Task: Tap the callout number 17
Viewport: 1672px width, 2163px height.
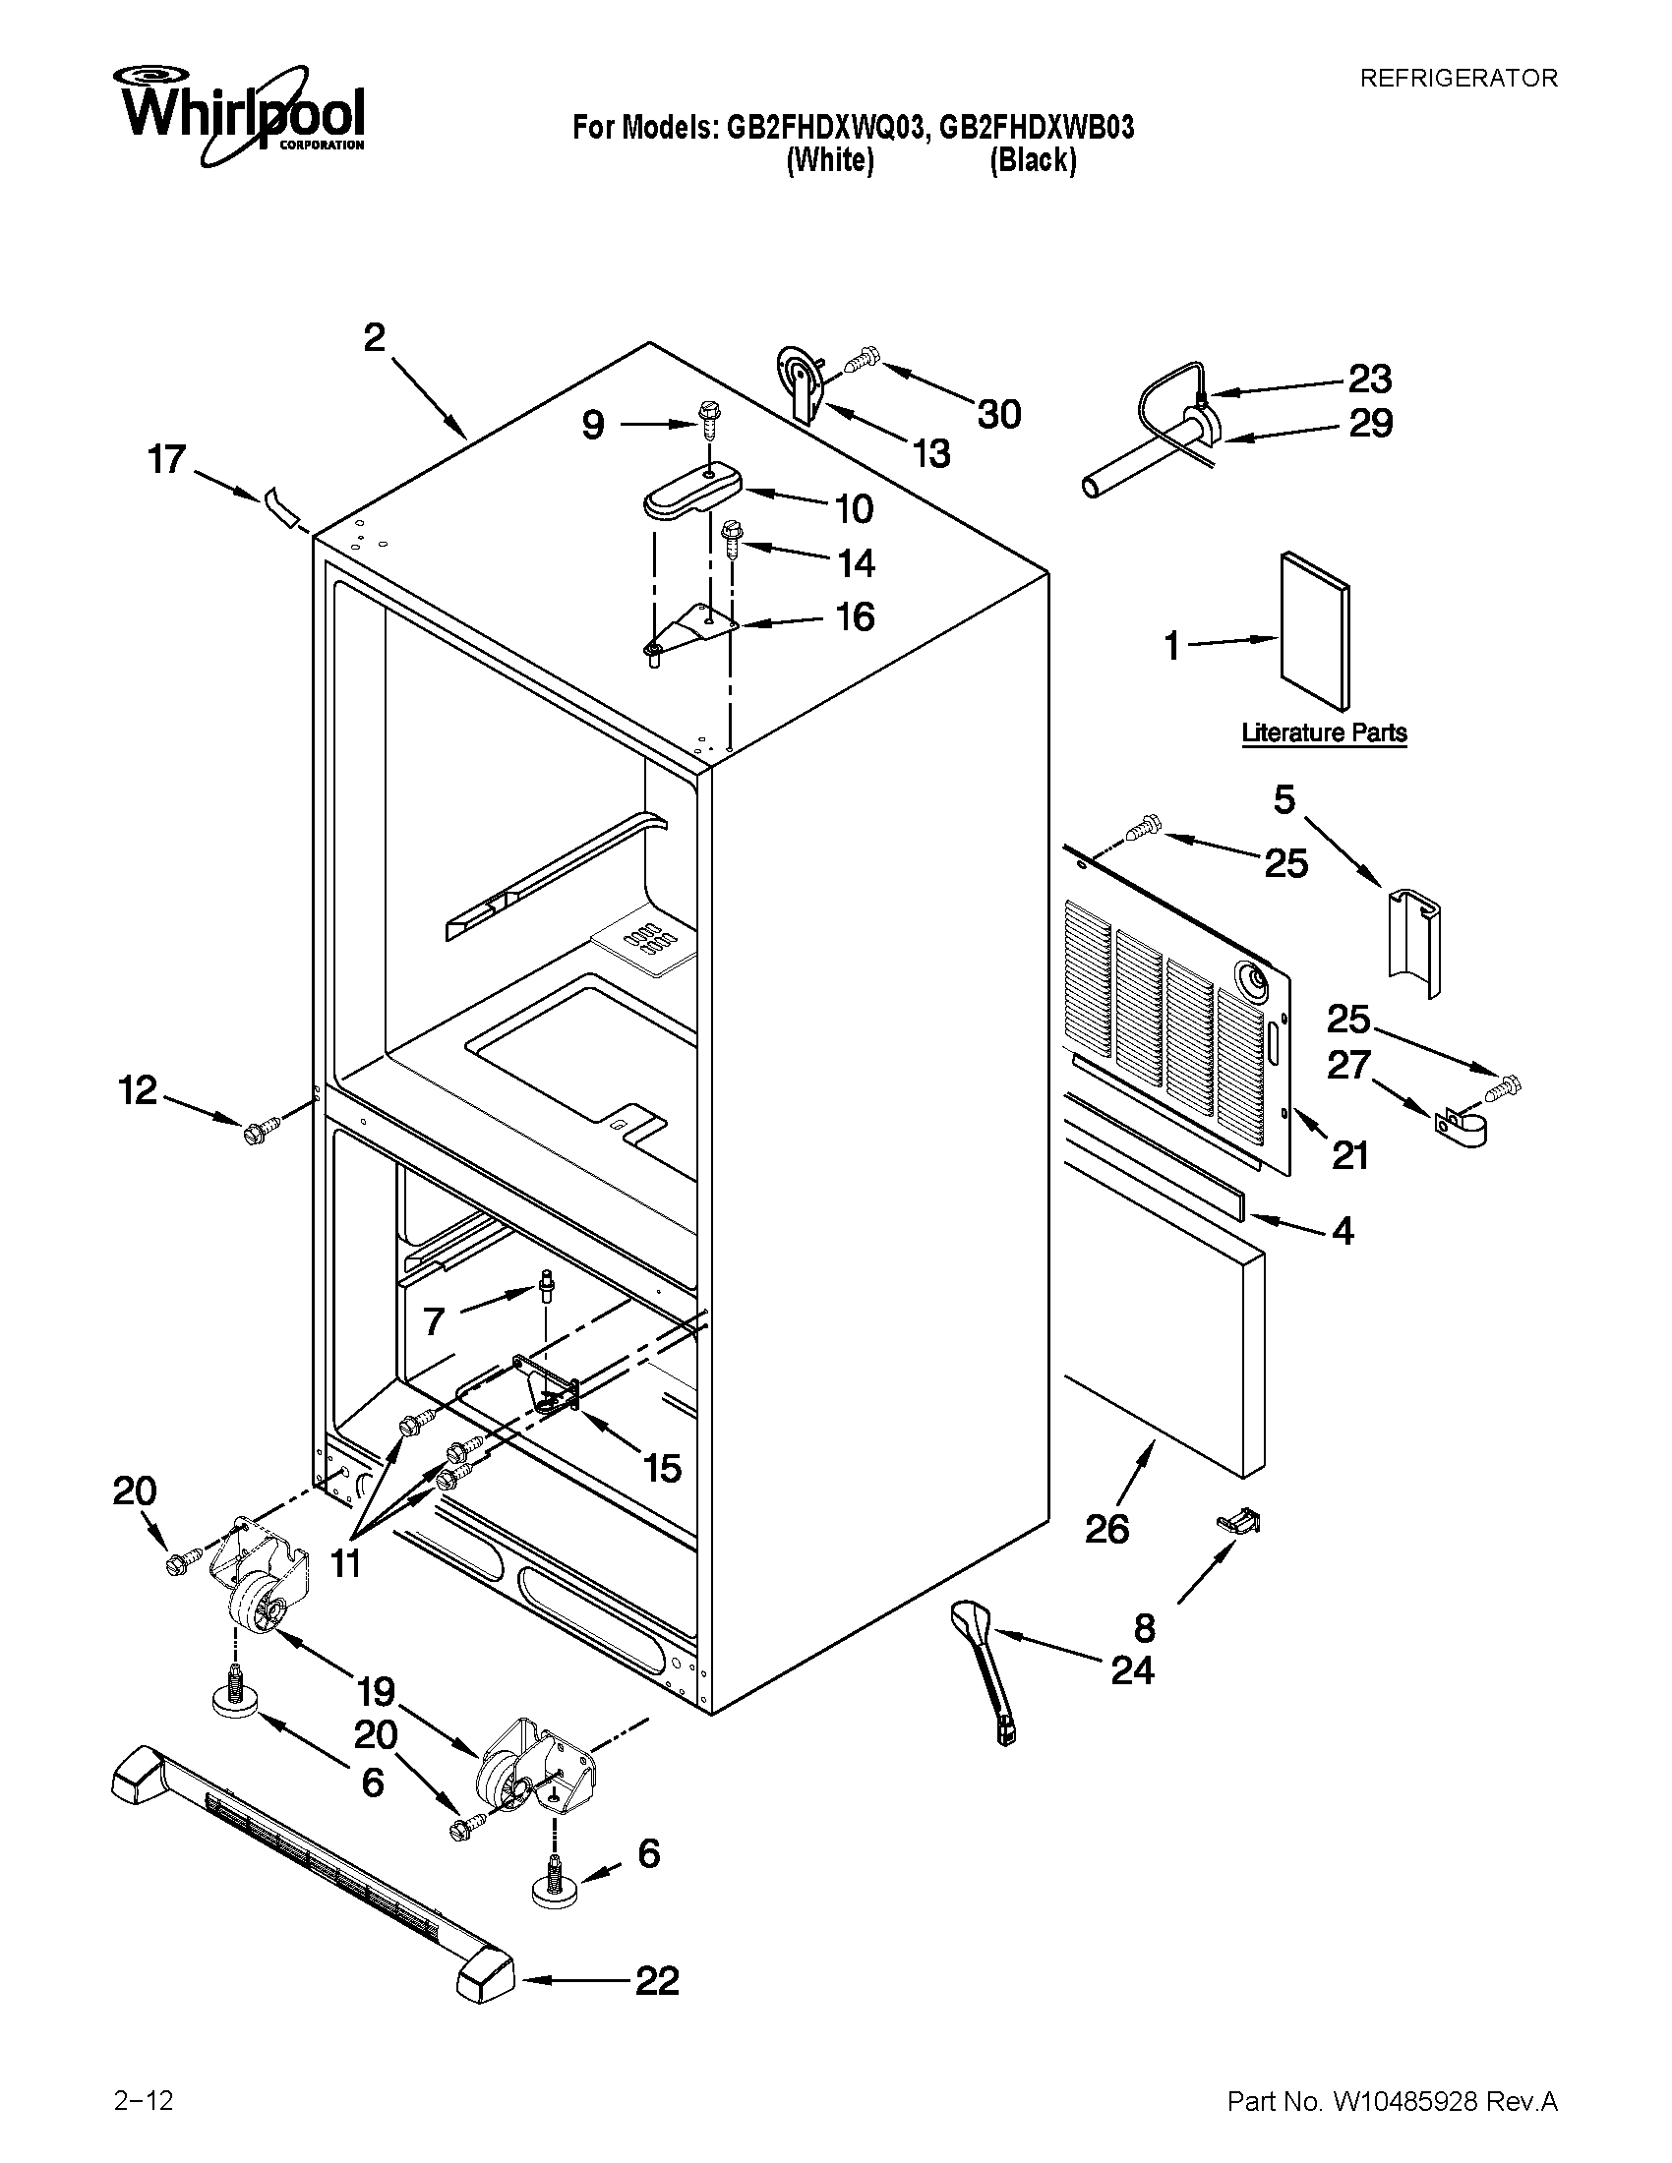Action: point(166,459)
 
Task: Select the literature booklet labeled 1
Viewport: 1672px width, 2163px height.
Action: point(1313,631)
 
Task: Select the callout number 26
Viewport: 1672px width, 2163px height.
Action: point(1106,1529)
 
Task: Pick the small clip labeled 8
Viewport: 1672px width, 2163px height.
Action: point(1239,1521)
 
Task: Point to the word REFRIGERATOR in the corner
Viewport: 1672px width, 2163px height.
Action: point(1457,79)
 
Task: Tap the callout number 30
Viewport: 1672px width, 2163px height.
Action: point(998,414)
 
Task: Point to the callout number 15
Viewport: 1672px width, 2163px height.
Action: point(662,1468)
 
